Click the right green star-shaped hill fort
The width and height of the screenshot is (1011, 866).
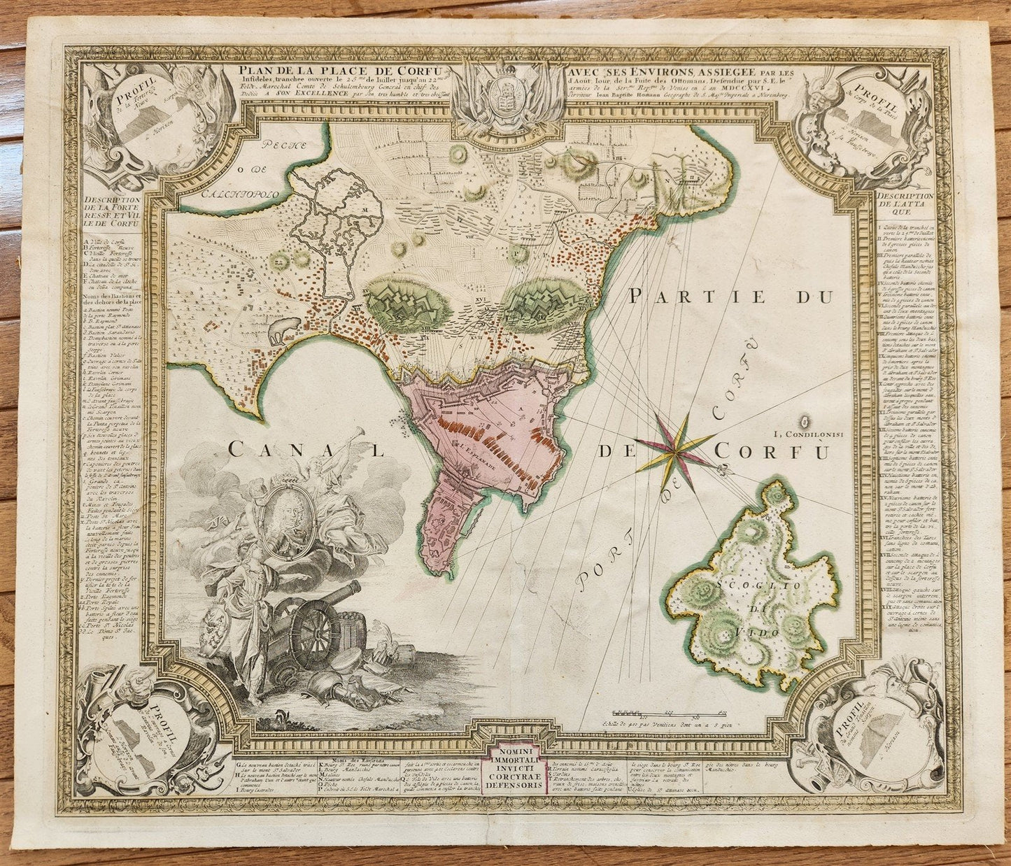(544, 300)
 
